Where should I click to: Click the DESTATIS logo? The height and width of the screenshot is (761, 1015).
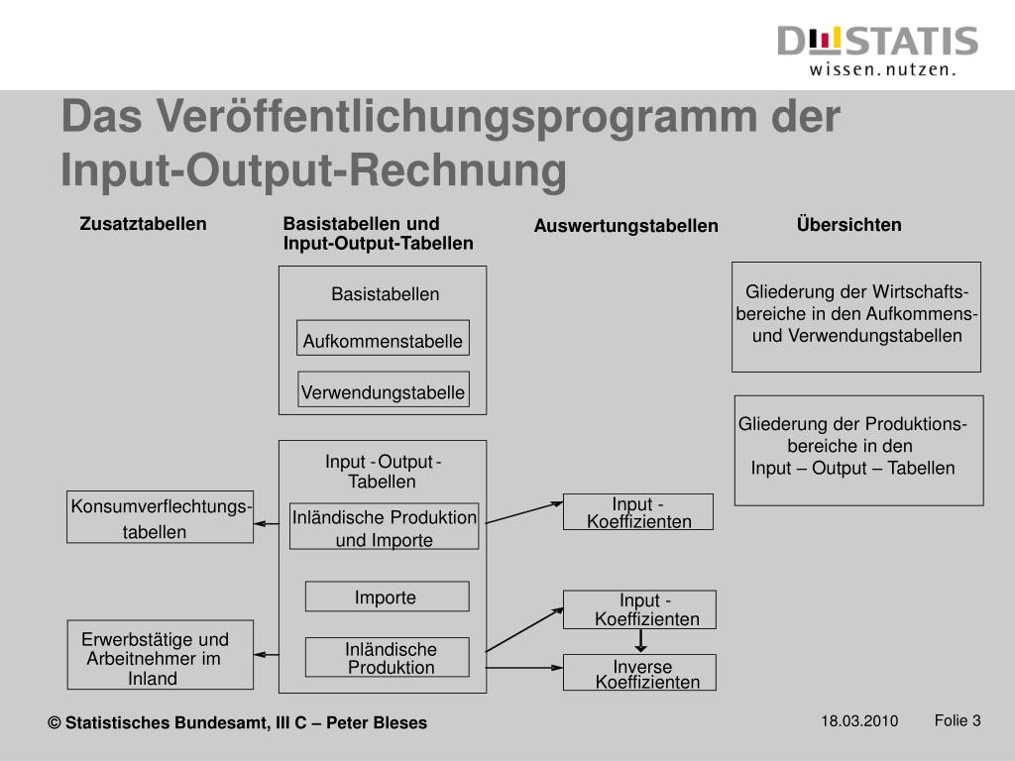pyautogui.click(x=878, y=50)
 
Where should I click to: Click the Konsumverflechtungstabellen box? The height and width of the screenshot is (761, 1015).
pyautogui.click(x=160, y=517)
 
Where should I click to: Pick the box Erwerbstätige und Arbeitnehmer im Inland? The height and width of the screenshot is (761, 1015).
pyautogui.click(x=161, y=655)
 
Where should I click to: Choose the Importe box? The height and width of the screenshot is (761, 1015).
pyautogui.click(x=387, y=597)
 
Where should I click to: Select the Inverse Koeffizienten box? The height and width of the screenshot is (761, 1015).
pyautogui.click(x=640, y=673)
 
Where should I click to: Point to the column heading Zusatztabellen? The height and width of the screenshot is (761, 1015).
pyautogui.click(x=143, y=224)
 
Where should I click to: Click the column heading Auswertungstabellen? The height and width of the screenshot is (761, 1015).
pyautogui.click(x=625, y=227)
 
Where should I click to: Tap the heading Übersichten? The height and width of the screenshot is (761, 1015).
pyautogui.click(x=848, y=225)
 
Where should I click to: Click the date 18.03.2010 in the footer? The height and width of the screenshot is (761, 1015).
pyautogui.click(x=858, y=721)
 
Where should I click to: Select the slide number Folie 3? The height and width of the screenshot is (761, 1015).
pyautogui.click(x=957, y=720)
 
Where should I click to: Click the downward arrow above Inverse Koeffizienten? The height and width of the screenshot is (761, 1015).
pyautogui.click(x=640, y=641)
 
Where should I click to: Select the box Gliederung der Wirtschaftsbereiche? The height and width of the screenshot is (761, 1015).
pyautogui.click(x=856, y=316)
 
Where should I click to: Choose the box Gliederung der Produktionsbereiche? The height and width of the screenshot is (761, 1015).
pyautogui.click(x=858, y=450)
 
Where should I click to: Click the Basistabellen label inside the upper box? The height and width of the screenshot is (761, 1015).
pyautogui.click(x=385, y=294)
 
